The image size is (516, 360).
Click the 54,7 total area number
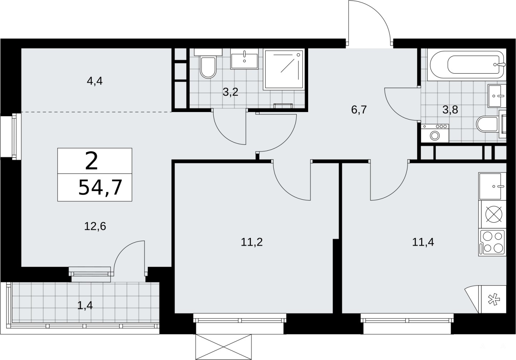point(100,188)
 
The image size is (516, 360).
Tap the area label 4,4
point(95,81)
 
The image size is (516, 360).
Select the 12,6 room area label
point(95,227)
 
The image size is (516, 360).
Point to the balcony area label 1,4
point(85,306)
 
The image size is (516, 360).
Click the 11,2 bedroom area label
point(252,242)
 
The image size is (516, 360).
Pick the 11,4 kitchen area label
point(423,242)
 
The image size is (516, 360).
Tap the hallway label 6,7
point(359,110)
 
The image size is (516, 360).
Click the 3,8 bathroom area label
point(451,110)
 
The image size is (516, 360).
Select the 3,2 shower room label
point(230,92)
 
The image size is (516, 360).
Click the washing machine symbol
point(435,133)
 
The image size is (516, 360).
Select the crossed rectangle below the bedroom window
point(223,347)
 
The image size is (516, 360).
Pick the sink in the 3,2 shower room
point(244,59)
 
